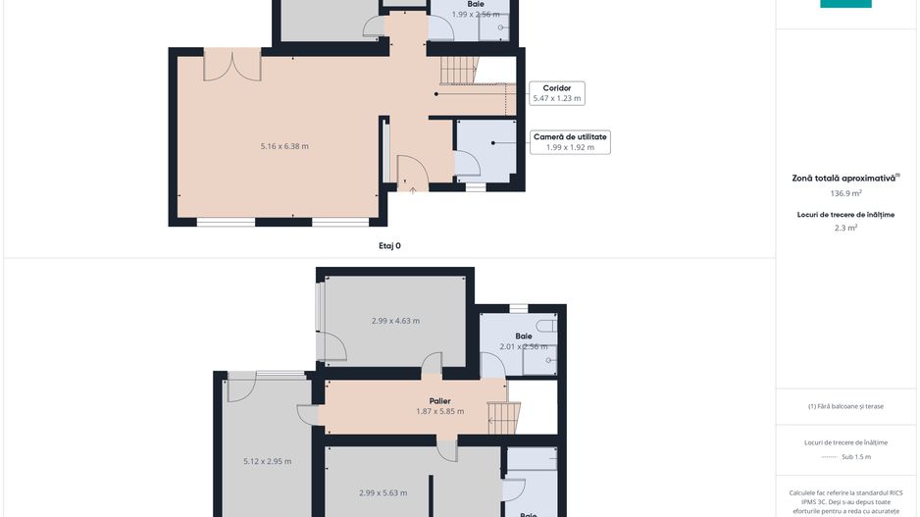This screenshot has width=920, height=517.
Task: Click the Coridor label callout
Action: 557,88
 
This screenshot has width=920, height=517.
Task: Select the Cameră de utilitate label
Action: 570,136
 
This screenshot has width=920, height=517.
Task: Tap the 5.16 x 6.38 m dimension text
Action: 284,146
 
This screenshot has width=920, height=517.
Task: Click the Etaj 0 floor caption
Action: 389,246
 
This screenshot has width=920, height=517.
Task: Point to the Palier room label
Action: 439,400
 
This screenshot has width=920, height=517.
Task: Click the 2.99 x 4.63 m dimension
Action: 395,321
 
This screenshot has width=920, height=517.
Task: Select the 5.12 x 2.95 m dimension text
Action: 267,461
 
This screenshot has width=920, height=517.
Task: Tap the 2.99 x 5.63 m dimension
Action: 383,492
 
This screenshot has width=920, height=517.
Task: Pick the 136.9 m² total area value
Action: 846,194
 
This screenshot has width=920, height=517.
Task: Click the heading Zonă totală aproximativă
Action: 844,179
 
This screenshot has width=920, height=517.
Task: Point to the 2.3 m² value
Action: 846,228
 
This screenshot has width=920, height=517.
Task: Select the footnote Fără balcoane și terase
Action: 846,406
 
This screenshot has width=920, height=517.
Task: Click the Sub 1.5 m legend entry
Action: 856,457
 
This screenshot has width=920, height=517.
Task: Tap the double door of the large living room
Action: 232,66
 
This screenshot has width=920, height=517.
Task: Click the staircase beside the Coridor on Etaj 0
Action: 459,70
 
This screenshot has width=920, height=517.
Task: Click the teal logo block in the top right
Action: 845,4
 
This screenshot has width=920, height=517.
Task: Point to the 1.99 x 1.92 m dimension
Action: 570,147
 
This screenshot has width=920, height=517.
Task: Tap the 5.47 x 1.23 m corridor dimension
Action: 557,98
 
